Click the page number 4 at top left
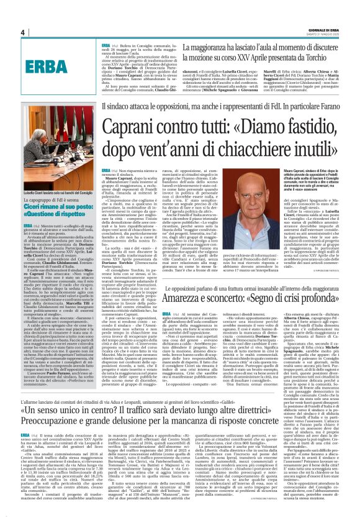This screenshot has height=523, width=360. click(22, 32)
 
